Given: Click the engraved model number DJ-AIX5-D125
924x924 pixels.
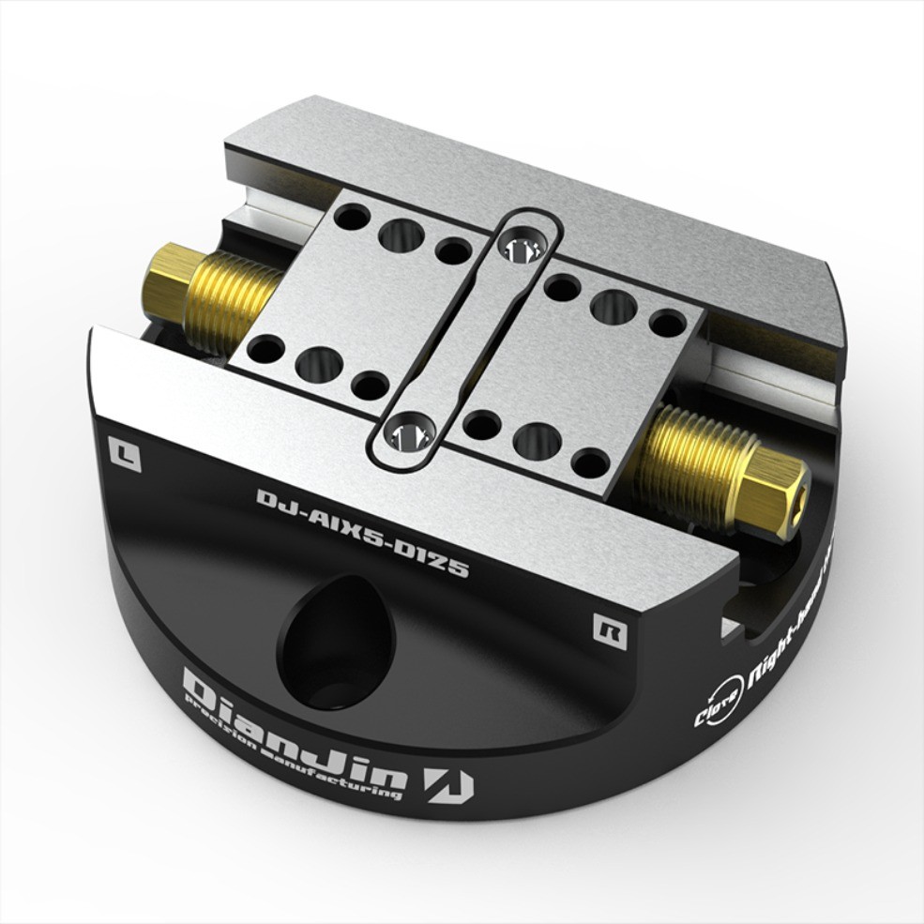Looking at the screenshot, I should [362, 531].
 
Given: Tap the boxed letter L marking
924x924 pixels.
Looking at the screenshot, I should [124, 454].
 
